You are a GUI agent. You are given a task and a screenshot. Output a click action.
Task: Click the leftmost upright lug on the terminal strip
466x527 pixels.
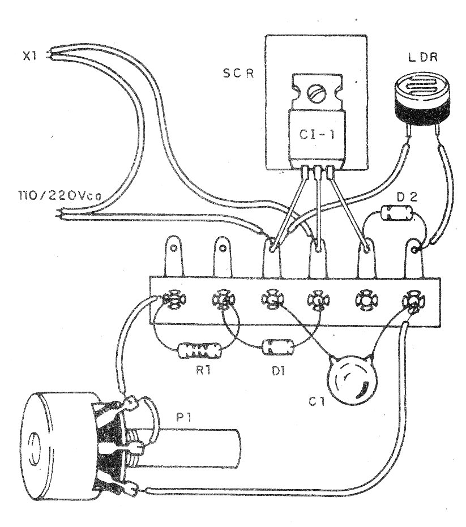174,258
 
